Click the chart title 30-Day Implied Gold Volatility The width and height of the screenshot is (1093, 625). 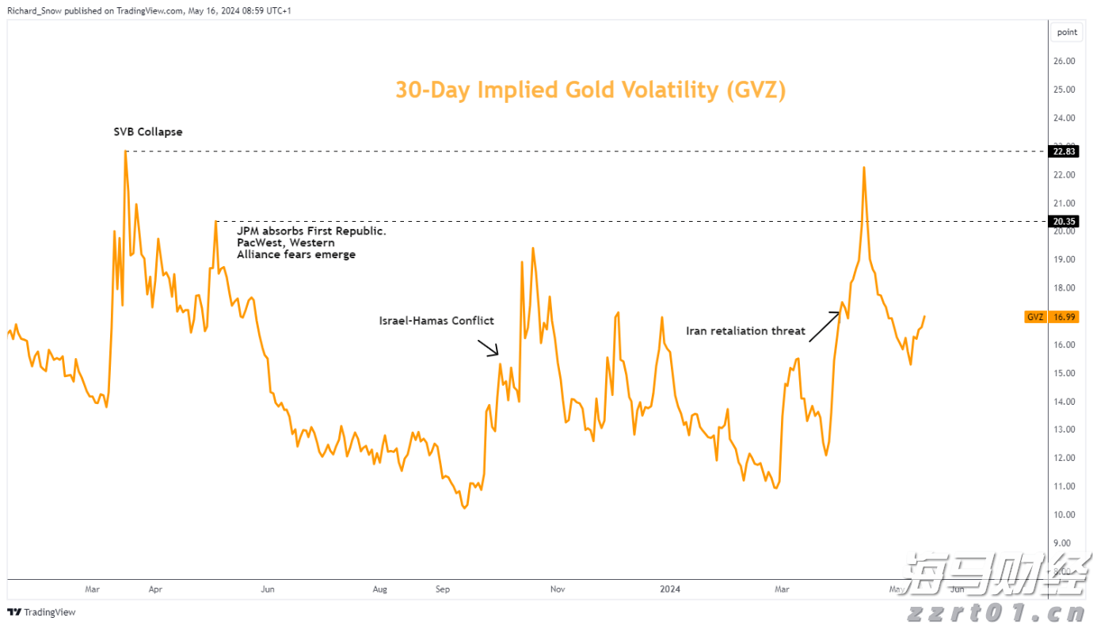coord(590,90)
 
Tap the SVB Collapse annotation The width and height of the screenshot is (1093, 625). coord(147,131)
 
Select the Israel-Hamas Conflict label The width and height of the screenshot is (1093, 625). coord(436,321)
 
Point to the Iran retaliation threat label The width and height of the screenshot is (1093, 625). coord(745,331)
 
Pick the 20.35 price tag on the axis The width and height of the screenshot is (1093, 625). coord(1064,222)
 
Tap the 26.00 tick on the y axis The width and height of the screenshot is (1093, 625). coord(1064,61)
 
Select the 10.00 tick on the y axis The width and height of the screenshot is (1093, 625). coord(1064,515)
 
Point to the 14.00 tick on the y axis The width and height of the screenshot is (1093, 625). coord(1064,402)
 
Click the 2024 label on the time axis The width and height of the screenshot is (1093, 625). coord(670,589)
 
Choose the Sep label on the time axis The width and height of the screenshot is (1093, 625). coord(443,589)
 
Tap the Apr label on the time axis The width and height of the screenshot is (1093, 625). coord(155,589)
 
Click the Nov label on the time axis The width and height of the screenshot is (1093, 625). coord(558,589)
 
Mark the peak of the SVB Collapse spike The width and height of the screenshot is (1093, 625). coord(125,151)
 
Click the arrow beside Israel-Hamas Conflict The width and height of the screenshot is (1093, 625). coord(487,348)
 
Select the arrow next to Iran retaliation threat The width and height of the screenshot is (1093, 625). coord(824,326)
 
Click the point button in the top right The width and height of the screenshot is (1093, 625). coord(1067,32)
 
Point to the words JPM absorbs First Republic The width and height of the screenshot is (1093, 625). coord(311,231)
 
